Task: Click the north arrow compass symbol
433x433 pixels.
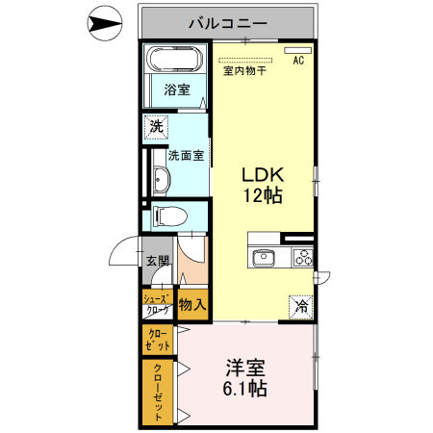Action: tap(104, 21)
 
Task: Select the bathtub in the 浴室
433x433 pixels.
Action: tap(174, 62)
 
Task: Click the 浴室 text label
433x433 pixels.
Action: tap(176, 91)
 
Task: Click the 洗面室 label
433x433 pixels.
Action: tap(185, 154)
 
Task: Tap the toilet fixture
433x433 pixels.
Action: tap(165, 216)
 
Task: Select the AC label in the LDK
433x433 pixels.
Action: tap(298, 60)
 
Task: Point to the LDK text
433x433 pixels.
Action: tap(262, 175)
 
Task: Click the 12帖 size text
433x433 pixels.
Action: tap(262, 196)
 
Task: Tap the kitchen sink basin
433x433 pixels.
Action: tap(262, 257)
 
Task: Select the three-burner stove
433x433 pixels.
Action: tap(302, 257)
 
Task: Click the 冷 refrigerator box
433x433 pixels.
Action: tap(301, 308)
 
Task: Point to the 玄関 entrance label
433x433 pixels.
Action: tap(157, 260)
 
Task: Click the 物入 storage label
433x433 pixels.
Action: tap(191, 306)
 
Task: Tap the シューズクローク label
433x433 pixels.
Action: tap(157, 305)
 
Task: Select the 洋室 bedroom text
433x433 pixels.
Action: tap(246, 369)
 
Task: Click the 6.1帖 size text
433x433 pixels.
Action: tap(246, 391)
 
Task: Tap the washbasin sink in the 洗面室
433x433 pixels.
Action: tap(159, 180)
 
